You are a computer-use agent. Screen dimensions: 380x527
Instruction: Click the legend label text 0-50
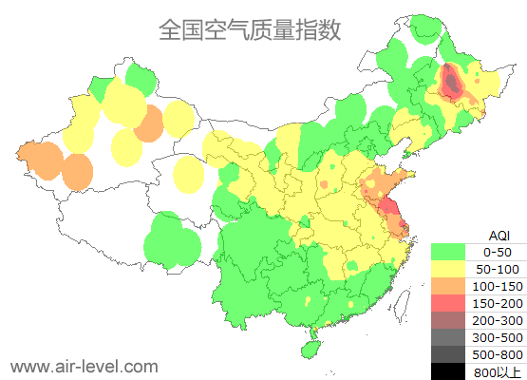coord(498,252)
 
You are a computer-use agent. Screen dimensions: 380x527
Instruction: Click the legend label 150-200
coord(498,303)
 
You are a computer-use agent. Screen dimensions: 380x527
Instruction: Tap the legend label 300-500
coord(498,337)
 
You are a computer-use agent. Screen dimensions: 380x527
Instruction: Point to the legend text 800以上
coord(498,370)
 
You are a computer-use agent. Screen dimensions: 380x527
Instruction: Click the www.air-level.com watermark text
coord(84,365)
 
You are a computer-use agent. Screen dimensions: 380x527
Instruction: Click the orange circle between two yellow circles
coord(148,123)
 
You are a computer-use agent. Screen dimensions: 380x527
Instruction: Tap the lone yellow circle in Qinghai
coord(189,173)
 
